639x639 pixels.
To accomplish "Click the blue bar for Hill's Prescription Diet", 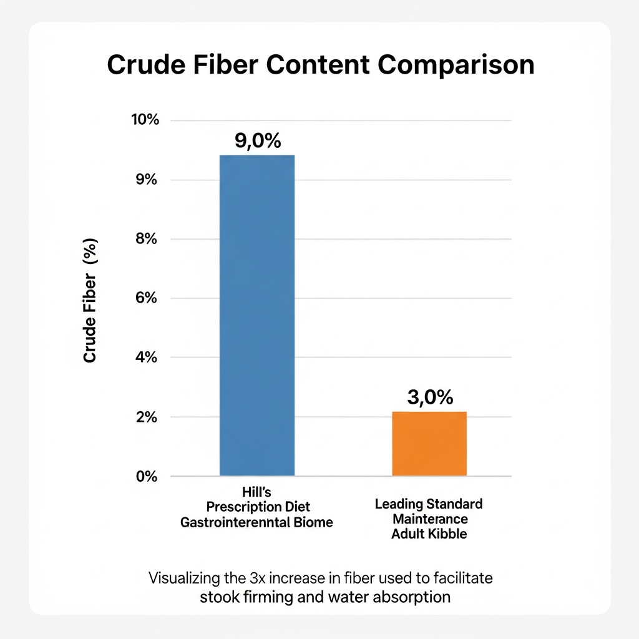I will click(257, 315).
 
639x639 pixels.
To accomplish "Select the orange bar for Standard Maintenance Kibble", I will click(429, 444).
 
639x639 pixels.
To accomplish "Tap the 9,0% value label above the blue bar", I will click(258, 141).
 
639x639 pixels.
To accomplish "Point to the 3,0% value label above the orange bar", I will click(429, 398).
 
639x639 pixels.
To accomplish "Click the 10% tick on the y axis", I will click(145, 120).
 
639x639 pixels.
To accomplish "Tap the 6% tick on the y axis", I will click(148, 298).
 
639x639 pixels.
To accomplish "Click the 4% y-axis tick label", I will click(148, 358).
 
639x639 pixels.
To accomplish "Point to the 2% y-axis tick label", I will click(148, 417).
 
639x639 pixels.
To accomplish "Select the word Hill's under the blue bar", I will click(256, 493).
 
